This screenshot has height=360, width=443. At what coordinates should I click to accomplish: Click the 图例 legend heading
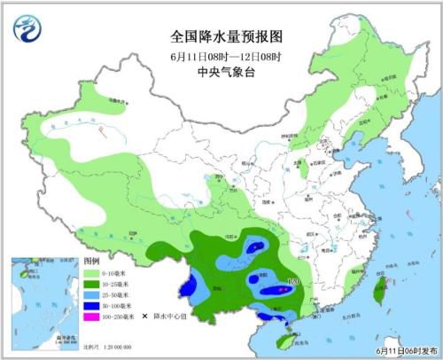coord(90,262)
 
